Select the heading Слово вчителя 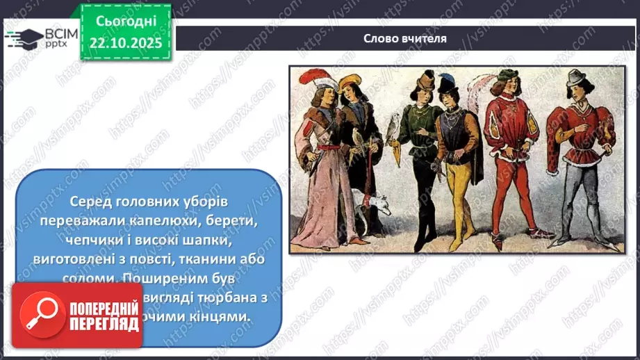click(404, 38)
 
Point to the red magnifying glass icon click(39, 315)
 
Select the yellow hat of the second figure click(350, 81)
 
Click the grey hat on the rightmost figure click(575, 77)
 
